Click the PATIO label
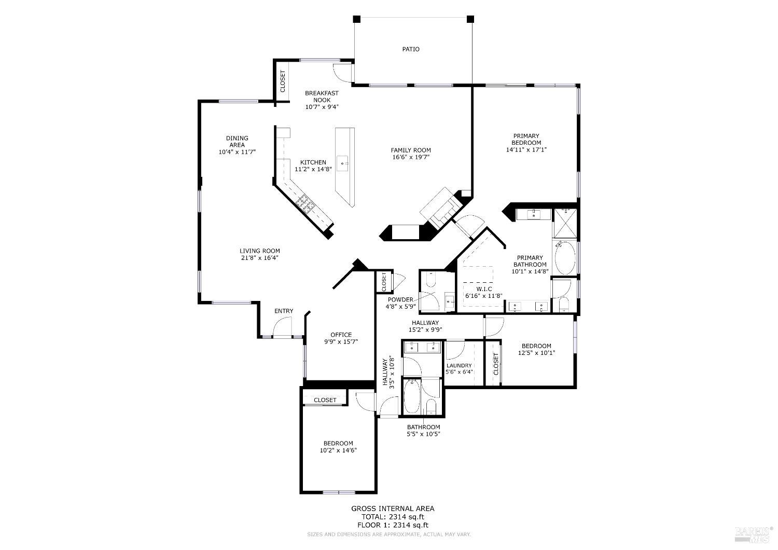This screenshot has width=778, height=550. coord(411,49)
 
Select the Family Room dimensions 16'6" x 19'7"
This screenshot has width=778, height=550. coord(411,157)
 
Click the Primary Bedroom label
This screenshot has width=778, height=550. coord(526,139)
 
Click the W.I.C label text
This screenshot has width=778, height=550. coord(484,288)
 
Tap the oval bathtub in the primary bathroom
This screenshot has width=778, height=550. coord(565,258)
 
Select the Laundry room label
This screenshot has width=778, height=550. coord(459,365)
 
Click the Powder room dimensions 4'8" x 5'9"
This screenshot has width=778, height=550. coord(401,307)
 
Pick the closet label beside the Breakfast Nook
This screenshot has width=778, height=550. coord(283,81)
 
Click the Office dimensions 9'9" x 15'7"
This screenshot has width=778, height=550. coord(341,341)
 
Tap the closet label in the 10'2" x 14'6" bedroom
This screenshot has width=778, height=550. coord(325,400)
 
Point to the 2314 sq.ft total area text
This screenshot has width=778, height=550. coord(393,517)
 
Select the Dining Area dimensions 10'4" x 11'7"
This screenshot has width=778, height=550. coord(237,152)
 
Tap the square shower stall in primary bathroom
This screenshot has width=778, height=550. coord(564,223)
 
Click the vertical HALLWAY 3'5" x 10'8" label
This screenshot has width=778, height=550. coord(388,372)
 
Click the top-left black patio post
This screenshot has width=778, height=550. coord(356,19)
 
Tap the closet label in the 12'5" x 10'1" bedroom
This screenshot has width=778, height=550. coord(496,364)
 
